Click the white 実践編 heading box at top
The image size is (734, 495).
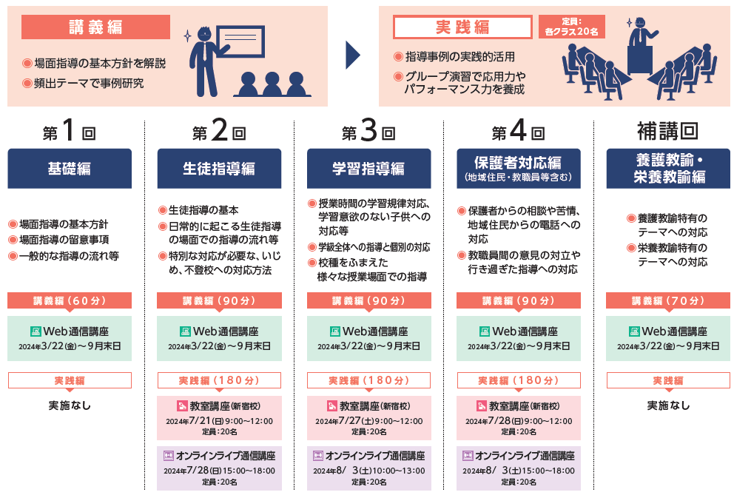point(462,27)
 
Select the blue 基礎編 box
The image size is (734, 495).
point(70,168)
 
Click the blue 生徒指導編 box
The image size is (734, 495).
point(219,168)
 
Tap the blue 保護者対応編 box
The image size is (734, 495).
point(519,168)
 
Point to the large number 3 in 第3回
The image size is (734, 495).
point(368,132)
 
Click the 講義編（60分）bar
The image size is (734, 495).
point(70,300)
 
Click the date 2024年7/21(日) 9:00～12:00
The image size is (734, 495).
point(219,421)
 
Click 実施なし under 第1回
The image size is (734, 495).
point(70,405)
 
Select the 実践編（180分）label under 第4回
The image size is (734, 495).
point(519,380)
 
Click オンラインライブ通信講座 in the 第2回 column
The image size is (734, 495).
point(219,456)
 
